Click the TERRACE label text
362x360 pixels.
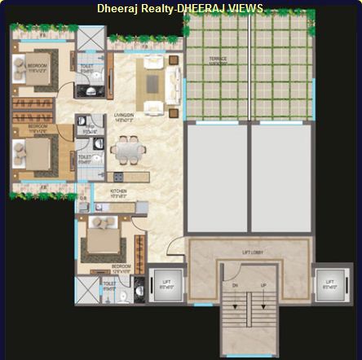click(218, 59)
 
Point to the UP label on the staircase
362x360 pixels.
click(262, 286)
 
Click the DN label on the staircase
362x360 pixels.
click(235, 286)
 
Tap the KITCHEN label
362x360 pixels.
click(118, 191)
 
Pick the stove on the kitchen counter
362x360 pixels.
click(118, 177)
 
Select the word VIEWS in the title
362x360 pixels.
click(245, 8)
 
